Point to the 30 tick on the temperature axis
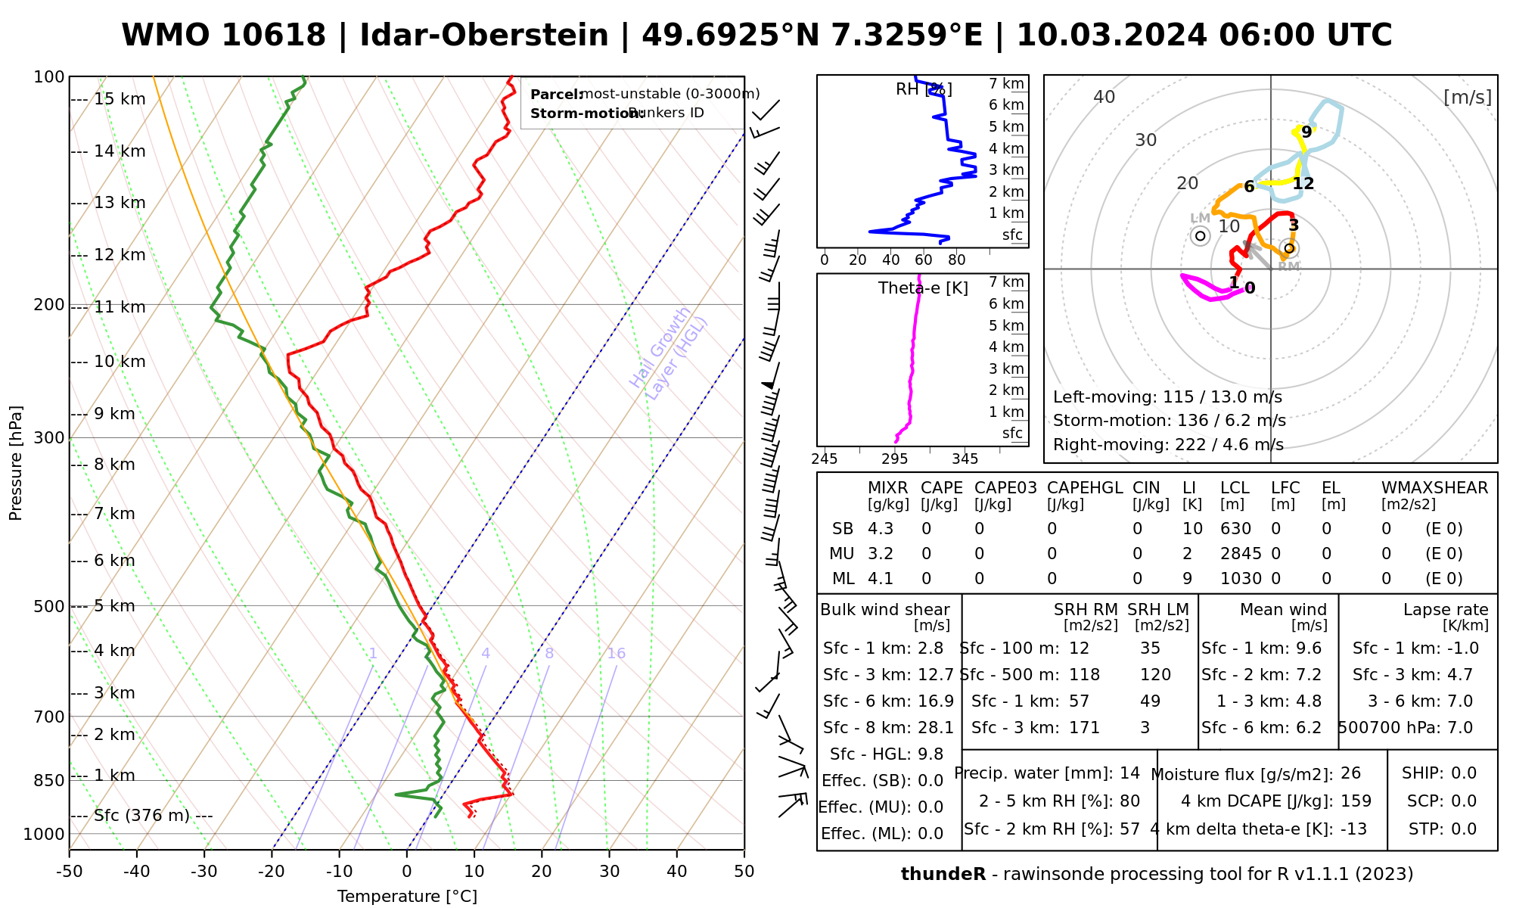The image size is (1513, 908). [x=609, y=872]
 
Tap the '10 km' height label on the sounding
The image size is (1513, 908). [x=120, y=362]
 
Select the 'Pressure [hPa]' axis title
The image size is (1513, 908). [x=16, y=463]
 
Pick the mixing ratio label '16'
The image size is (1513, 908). [x=616, y=654]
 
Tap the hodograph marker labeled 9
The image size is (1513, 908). [x=1306, y=132]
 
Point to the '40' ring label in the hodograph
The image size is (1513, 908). [x=1104, y=97]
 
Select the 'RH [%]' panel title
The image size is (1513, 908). [x=924, y=89]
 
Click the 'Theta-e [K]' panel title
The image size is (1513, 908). [x=923, y=288]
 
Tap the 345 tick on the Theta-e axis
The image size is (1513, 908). [x=965, y=459]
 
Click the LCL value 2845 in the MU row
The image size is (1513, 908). [x=1241, y=554]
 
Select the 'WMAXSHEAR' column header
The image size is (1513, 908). [x=1434, y=488]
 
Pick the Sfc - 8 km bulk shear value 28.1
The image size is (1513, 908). [x=935, y=728]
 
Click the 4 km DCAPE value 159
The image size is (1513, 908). [x=1356, y=801]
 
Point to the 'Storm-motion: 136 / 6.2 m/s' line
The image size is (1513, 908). [x=1169, y=421]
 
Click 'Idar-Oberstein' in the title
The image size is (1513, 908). [x=484, y=36]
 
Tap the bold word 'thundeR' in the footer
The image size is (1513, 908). [x=943, y=875]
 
